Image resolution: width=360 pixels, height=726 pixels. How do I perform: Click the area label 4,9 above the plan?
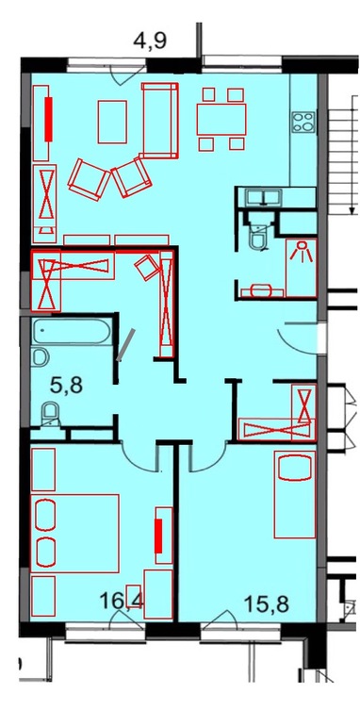pos(150,41)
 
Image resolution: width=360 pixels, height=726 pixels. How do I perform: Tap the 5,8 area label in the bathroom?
pos(66,385)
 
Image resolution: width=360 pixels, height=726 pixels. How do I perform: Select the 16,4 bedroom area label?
pos(123,602)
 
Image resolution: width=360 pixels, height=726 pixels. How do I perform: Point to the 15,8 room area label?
pos(267,603)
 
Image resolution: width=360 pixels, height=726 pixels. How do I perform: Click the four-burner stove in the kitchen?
pos(303,122)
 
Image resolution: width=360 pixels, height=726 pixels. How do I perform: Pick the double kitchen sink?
pos(263,197)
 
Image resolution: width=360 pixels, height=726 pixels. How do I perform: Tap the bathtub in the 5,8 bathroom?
pos(72,332)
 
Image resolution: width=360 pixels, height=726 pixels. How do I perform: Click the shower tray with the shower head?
pos(302,268)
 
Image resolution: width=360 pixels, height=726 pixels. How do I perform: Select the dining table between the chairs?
pos(221,119)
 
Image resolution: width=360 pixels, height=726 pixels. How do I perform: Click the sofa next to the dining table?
pos(160,121)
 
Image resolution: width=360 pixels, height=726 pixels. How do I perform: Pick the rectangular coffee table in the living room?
pos(112,122)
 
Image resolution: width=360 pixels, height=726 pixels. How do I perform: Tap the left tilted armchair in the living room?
pos(88,180)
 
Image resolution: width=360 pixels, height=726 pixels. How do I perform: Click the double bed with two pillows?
pos(75,534)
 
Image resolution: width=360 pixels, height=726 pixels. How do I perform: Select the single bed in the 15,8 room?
pos(295,494)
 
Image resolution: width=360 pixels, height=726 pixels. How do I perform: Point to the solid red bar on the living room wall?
pos(49,119)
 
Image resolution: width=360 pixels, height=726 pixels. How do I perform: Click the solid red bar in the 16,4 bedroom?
pos(158,536)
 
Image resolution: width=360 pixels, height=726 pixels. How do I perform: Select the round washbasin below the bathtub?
pos(41,357)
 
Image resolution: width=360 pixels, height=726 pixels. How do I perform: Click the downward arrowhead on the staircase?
pos(351,212)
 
